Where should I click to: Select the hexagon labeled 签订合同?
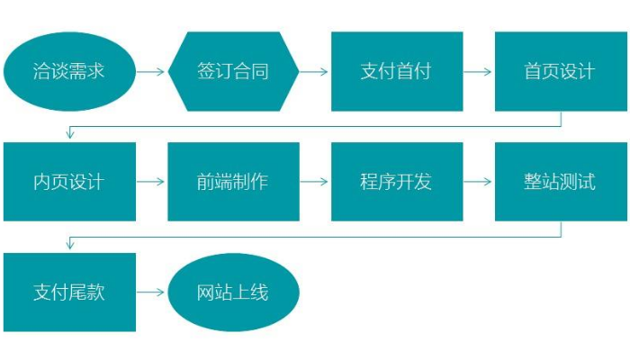tap(233, 71)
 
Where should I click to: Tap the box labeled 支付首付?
tap(397, 71)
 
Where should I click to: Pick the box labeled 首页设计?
tap(561, 71)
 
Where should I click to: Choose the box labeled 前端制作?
tap(233, 181)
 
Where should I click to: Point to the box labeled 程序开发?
tap(397, 181)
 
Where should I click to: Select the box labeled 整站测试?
tap(561, 181)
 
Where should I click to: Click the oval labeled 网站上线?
tap(233, 292)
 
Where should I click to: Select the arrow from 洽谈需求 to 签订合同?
tap(152, 71)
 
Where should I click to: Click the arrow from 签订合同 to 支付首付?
tap(315, 71)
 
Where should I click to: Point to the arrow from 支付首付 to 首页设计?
tap(479, 71)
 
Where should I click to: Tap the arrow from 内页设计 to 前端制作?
tap(152, 181)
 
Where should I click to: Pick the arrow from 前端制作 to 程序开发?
tap(315, 181)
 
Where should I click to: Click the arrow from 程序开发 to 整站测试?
tap(479, 181)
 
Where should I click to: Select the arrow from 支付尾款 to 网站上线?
tap(152, 292)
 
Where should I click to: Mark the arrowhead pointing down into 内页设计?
tap(69, 135)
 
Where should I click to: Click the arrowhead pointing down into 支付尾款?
tap(69, 246)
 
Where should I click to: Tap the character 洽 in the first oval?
tap(42, 71)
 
